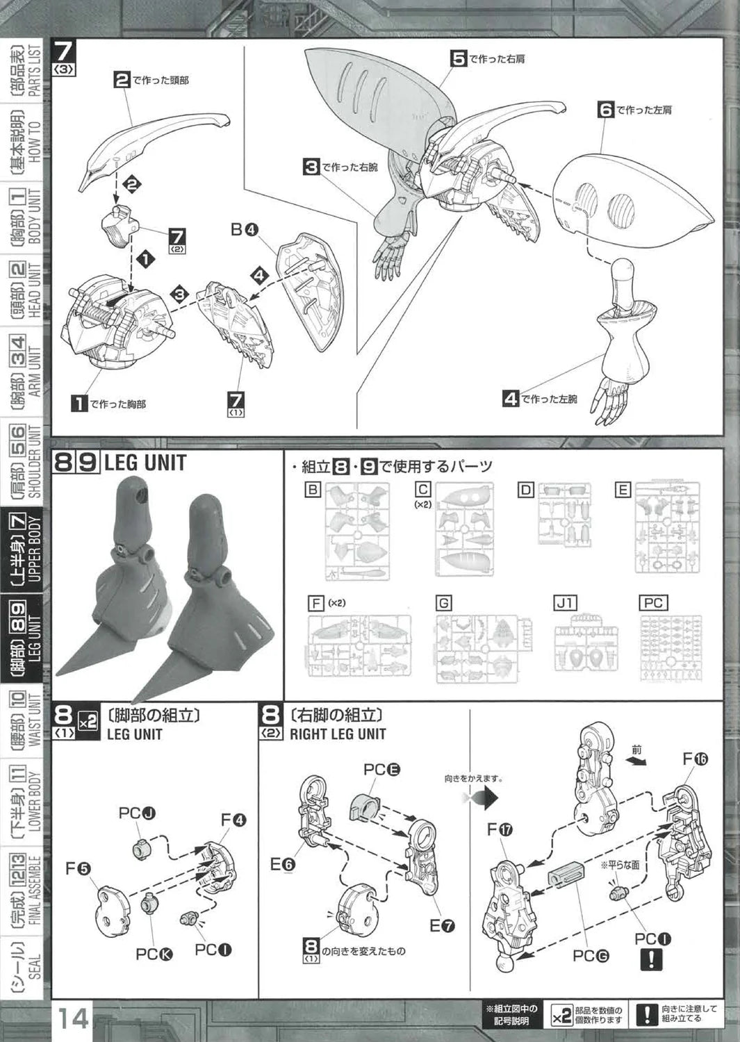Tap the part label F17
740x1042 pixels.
click(500, 829)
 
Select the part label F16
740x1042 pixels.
click(694, 759)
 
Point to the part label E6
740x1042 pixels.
click(282, 863)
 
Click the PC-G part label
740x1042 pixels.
click(591, 955)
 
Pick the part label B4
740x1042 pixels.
click(245, 229)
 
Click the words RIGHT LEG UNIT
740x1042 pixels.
click(338, 734)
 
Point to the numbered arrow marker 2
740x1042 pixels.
click(132, 185)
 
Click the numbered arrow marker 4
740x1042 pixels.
click(260, 276)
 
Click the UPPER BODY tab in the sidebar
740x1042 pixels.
click(27, 548)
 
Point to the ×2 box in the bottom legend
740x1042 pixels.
click(561, 1016)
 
